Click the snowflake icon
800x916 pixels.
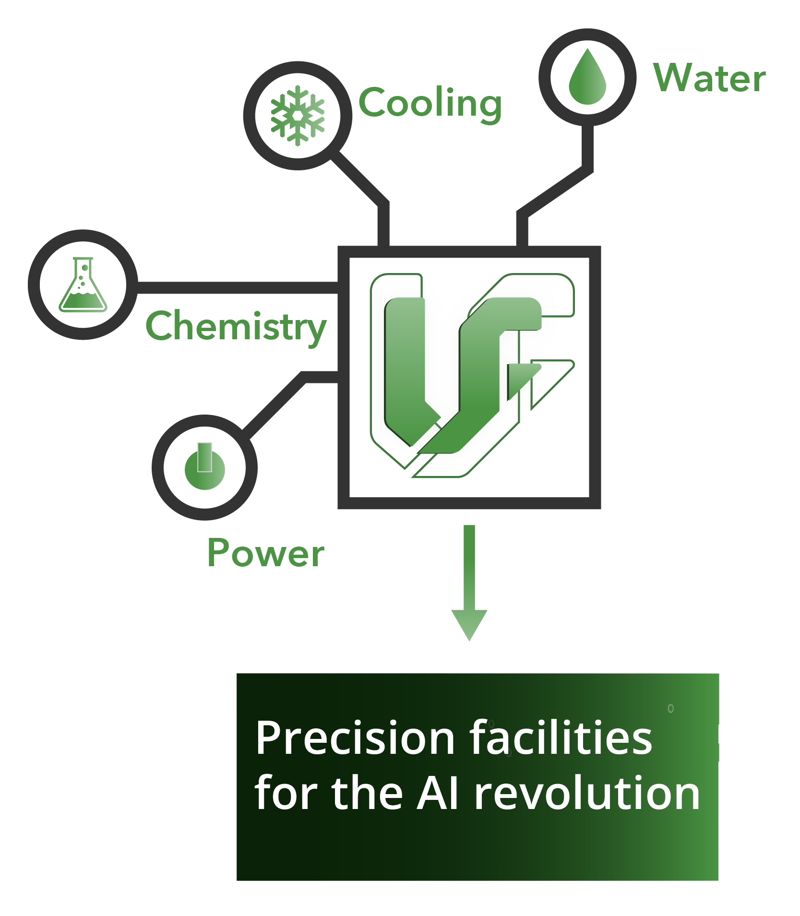[x=298, y=116]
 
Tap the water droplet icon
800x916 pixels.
[x=587, y=76]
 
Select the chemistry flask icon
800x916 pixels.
[x=83, y=285]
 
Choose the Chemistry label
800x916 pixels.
[x=236, y=327]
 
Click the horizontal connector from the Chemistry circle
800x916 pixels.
[x=238, y=287]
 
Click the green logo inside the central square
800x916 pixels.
[x=472, y=375]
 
